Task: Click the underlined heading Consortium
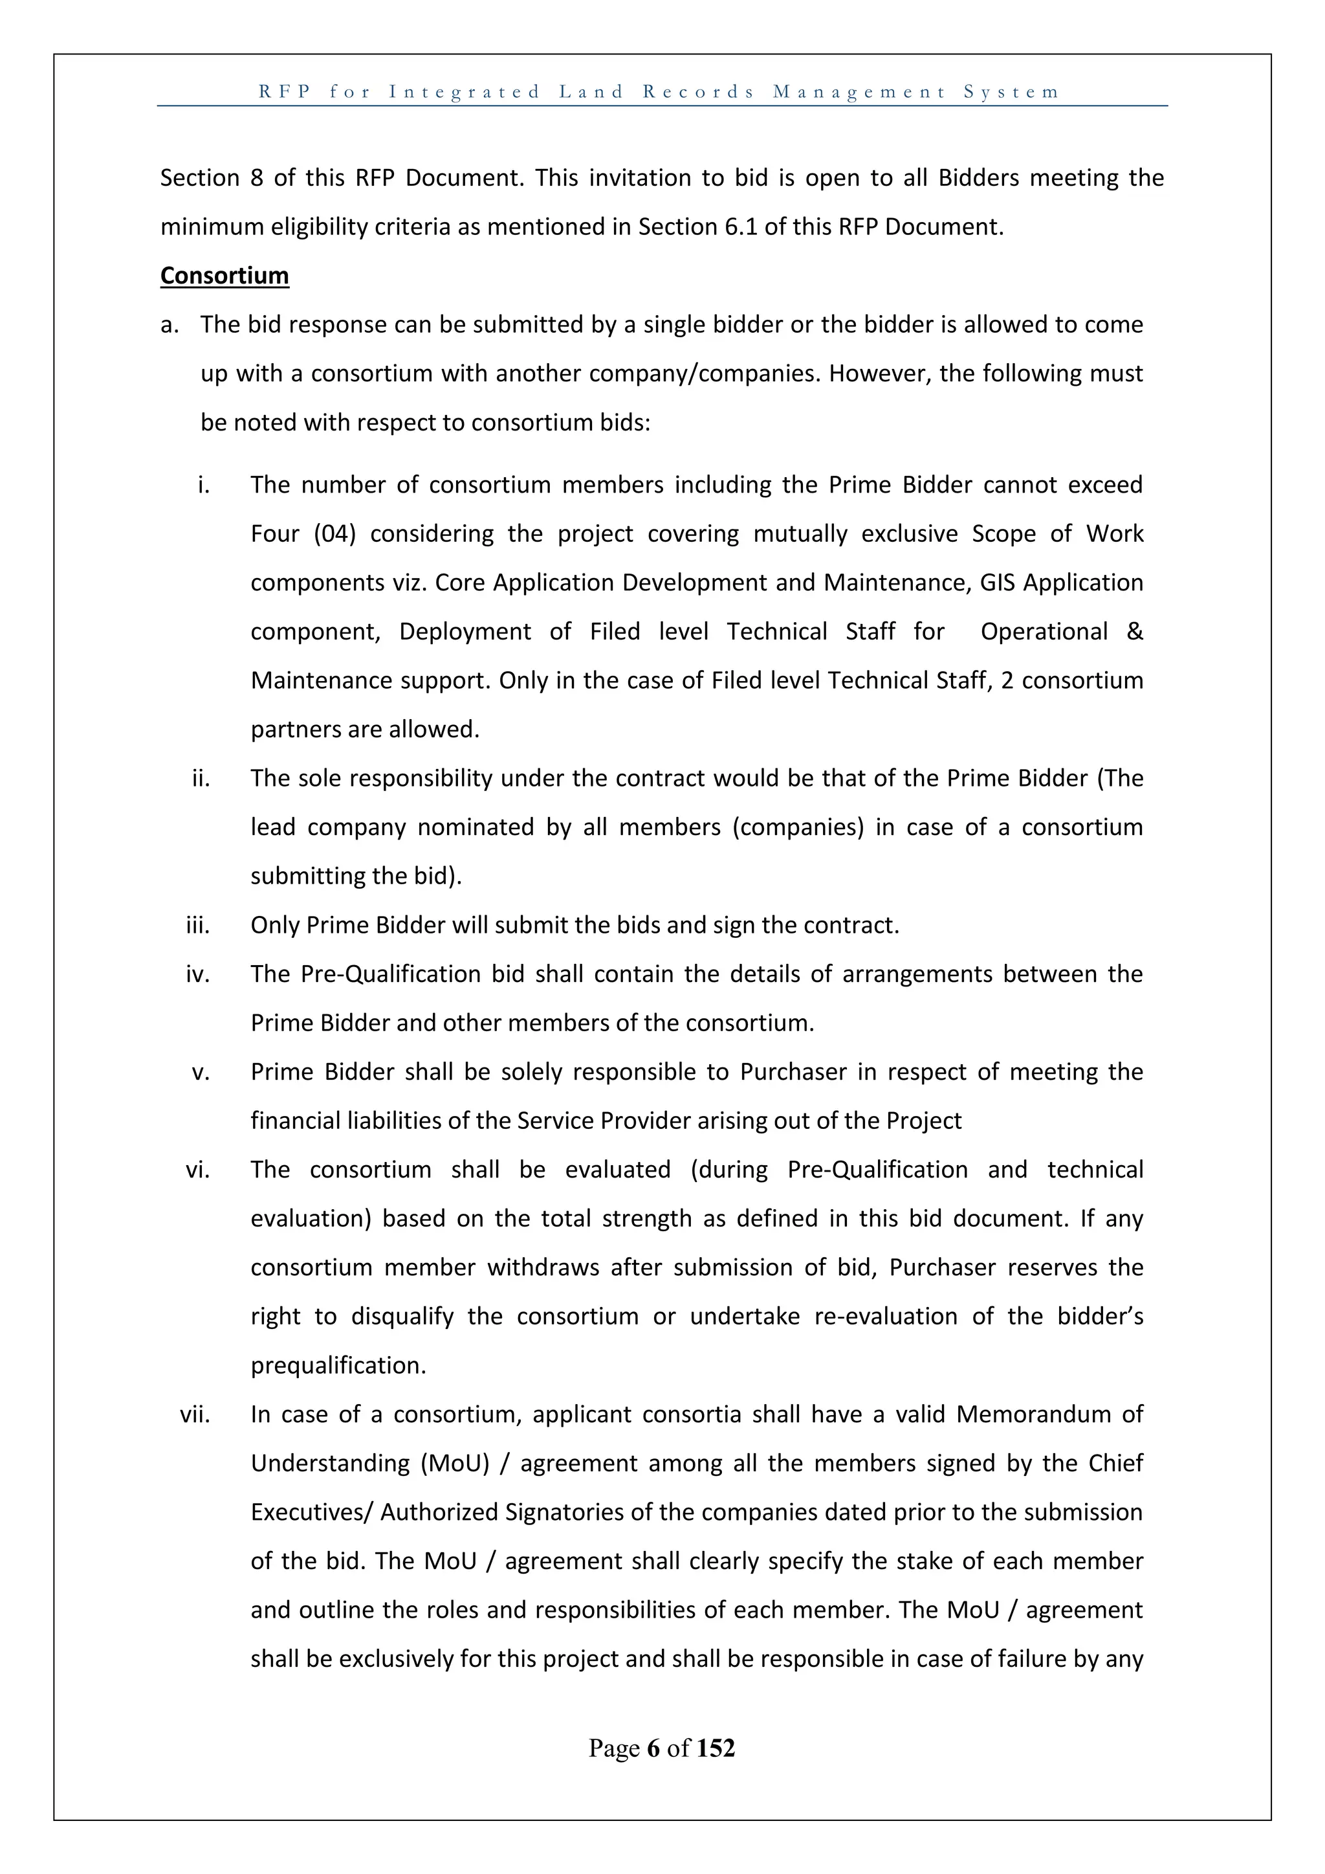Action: (224, 276)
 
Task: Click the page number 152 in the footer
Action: (716, 1748)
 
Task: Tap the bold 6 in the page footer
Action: (653, 1748)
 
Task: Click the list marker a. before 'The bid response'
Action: (169, 325)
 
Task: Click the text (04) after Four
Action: (334, 534)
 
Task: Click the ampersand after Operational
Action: (1134, 632)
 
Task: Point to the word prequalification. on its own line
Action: (338, 1365)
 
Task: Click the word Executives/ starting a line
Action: (311, 1512)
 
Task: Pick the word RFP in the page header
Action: (285, 92)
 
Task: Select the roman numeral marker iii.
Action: (197, 926)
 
